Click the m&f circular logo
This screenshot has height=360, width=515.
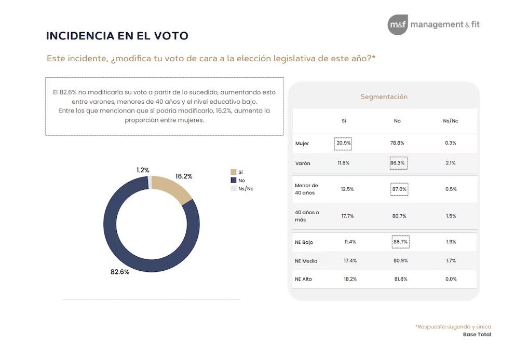click(x=398, y=25)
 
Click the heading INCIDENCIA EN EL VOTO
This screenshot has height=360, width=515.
click(x=117, y=36)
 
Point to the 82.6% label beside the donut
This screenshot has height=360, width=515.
click(x=119, y=271)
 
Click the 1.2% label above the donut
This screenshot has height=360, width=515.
click(x=143, y=170)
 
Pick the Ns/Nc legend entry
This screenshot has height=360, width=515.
click(x=246, y=188)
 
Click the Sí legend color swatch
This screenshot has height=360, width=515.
click(x=233, y=172)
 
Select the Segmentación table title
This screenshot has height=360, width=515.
click(x=384, y=96)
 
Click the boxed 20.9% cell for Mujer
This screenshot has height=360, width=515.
click(x=343, y=143)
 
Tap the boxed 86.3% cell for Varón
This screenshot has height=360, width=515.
click(x=398, y=163)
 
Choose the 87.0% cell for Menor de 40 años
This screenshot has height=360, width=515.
click(x=399, y=189)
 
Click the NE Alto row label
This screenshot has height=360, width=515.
click(x=303, y=279)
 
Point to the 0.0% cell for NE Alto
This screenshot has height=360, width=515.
click(x=450, y=279)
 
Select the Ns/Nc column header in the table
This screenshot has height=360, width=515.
click(x=450, y=121)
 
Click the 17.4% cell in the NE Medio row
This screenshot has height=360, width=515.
click(x=350, y=261)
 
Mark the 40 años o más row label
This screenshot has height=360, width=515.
click(x=307, y=216)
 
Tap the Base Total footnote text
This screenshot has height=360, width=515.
click(x=477, y=335)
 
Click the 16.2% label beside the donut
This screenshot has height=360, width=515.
click(x=184, y=176)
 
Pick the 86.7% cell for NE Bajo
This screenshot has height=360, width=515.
click(x=400, y=242)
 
